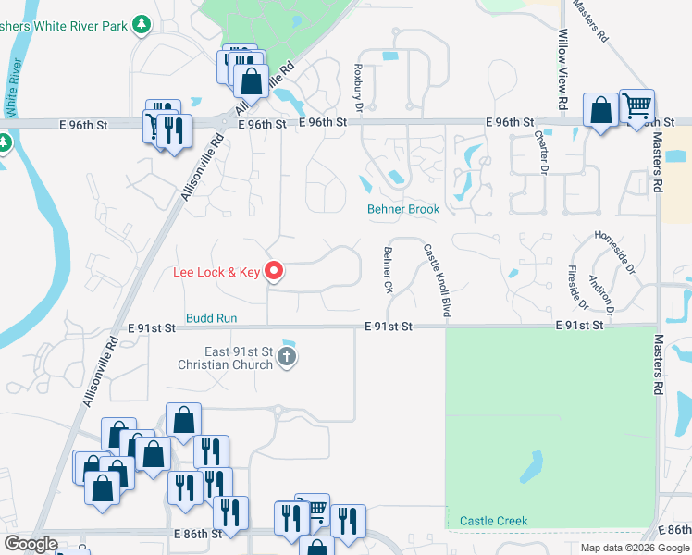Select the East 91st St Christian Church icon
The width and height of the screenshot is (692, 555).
[288, 356]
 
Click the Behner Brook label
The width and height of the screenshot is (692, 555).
[403, 210]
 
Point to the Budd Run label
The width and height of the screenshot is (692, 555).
[212, 318]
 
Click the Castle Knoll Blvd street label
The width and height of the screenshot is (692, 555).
[436, 281]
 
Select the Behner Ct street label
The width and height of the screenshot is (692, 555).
[389, 269]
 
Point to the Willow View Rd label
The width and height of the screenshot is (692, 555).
[562, 57]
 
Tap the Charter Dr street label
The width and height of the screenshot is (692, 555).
[542, 150]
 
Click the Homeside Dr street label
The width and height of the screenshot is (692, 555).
[615, 253]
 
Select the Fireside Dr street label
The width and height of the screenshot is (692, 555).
[577, 288]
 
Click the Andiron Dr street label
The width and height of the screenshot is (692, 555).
[601, 284]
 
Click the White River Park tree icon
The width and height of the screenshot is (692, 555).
[142, 25]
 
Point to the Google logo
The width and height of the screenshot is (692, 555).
[31, 544]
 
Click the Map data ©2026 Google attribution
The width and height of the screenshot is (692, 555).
[634, 548]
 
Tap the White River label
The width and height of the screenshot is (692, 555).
[12, 86]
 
